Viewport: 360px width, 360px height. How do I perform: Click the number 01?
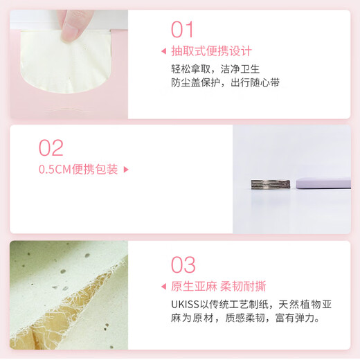point(183,29)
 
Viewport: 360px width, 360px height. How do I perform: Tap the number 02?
point(51,147)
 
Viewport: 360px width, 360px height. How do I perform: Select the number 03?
point(183,264)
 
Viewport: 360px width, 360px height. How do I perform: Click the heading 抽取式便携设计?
point(211,51)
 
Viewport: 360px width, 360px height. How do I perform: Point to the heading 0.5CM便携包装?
point(78,169)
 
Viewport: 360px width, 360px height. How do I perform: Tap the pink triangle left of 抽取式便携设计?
point(163,51)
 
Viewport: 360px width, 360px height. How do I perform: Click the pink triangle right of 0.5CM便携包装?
point(126,169)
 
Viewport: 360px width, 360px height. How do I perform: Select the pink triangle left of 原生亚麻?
point(163,286)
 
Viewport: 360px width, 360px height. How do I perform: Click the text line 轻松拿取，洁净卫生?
point(215,69)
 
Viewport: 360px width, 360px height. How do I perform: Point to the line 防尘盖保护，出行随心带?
point(226,83)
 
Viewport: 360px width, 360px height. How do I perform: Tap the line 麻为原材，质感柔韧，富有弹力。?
point(245,319)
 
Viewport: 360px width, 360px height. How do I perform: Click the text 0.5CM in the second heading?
point(53,169)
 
